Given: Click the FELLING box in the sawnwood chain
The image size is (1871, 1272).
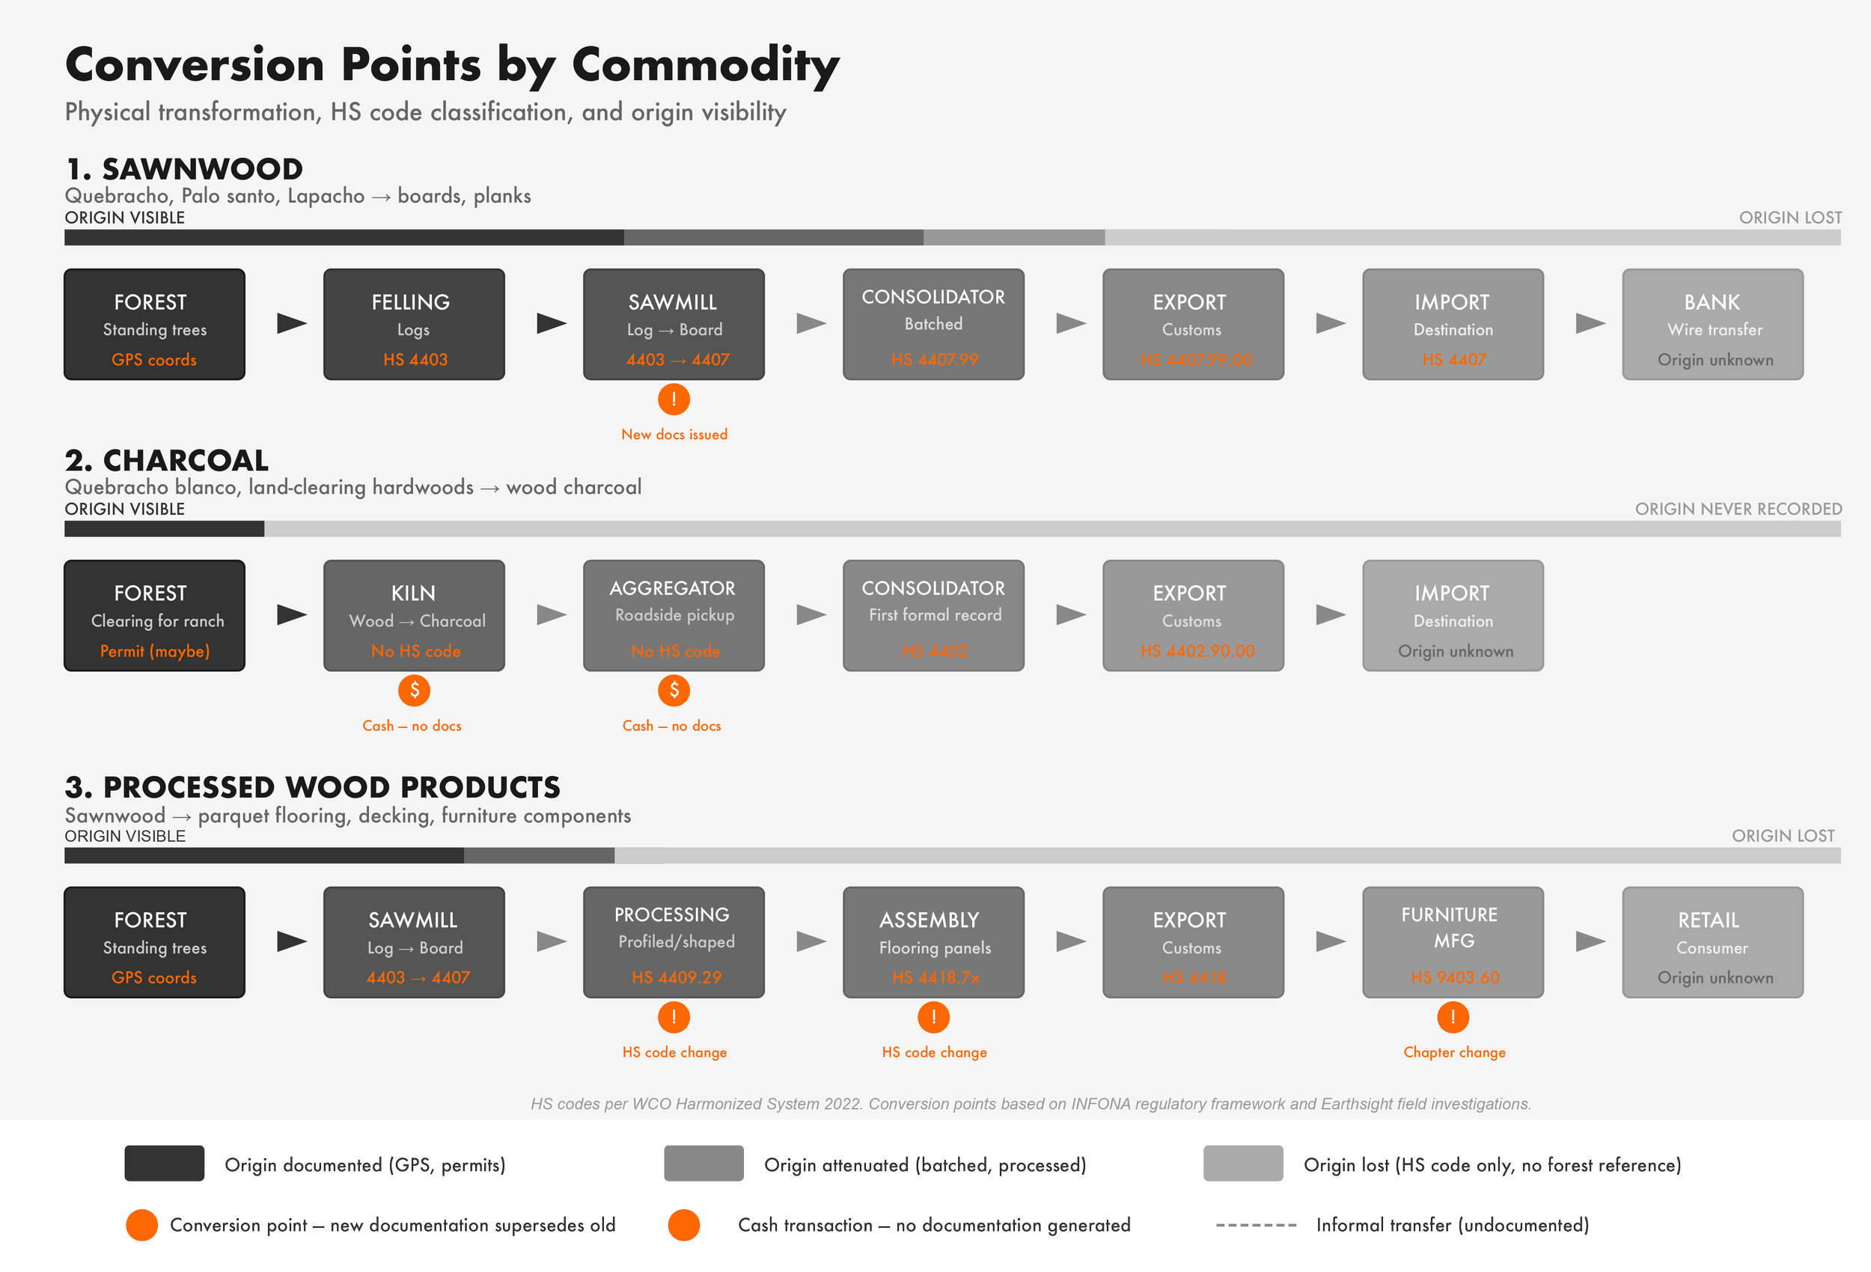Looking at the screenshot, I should click(414, 324).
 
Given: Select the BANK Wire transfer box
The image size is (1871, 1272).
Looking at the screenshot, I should click(1712, 324).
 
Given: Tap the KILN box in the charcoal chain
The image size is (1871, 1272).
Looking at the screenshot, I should click(414, 615).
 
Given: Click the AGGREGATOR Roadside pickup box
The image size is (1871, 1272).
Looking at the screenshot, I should click(673, 615).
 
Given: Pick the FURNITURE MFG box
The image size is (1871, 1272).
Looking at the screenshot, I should click(1453, 942).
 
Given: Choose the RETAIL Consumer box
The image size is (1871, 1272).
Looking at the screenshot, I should click(1712, 942).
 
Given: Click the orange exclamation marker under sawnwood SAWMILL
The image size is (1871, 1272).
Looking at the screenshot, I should click(674, 399).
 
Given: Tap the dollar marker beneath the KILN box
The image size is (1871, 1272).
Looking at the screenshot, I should click(414, 690).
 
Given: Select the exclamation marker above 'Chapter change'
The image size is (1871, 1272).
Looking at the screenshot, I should click(1453, 1017).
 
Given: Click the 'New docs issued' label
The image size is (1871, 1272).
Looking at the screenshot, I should click(674, 434).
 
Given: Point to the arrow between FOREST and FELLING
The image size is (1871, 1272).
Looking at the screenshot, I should click(291, 324).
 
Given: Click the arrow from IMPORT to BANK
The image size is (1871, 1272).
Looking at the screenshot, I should click(1590, 324).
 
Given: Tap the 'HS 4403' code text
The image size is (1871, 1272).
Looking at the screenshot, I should click(415, 360).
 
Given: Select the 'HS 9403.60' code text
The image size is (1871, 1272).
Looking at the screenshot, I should click(1454, 977).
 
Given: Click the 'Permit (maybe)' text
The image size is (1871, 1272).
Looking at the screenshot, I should click(155, 651).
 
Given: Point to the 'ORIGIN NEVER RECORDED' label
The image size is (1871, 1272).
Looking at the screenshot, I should click(1737, 509).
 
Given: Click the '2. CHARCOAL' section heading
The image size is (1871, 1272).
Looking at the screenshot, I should click(167, 460).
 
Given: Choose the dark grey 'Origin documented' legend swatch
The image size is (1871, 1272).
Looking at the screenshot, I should click(164, 1164).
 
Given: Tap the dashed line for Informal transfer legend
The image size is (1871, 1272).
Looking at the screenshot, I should click(1255, 1226).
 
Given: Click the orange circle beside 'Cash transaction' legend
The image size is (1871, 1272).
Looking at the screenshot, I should click(683, 1225).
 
